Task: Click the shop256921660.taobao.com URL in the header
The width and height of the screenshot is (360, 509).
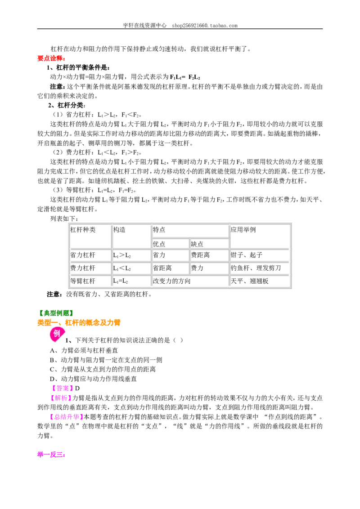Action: [205, 25]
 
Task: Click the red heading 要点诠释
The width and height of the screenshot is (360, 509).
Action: [51, 58]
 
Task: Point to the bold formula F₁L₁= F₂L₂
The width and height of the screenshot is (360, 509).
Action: [185, 77]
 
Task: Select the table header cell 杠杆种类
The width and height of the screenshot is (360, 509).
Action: [83, 230]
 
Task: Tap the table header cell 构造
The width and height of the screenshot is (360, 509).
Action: [119, 230]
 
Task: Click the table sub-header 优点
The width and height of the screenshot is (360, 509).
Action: [159, 244]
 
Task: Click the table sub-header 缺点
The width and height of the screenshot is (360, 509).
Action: [197, 244]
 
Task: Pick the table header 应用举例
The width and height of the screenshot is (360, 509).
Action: [243, 230]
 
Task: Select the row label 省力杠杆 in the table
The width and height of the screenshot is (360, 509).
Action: [83, 255]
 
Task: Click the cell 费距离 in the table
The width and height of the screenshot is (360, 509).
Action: [200, 255]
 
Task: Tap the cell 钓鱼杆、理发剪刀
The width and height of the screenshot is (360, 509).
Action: [256, 268]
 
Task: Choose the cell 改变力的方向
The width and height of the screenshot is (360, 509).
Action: [171, 281]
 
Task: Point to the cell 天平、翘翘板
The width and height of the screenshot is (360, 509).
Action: [250, 281]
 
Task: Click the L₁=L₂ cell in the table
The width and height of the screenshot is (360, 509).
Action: [121, 281]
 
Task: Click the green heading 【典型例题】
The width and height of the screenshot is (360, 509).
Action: [55, 313]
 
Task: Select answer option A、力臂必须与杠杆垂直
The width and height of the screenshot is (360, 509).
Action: [84, 351]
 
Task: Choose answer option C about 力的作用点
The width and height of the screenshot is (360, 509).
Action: [103, 370]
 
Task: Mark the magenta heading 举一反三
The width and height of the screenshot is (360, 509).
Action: [51, 455]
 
